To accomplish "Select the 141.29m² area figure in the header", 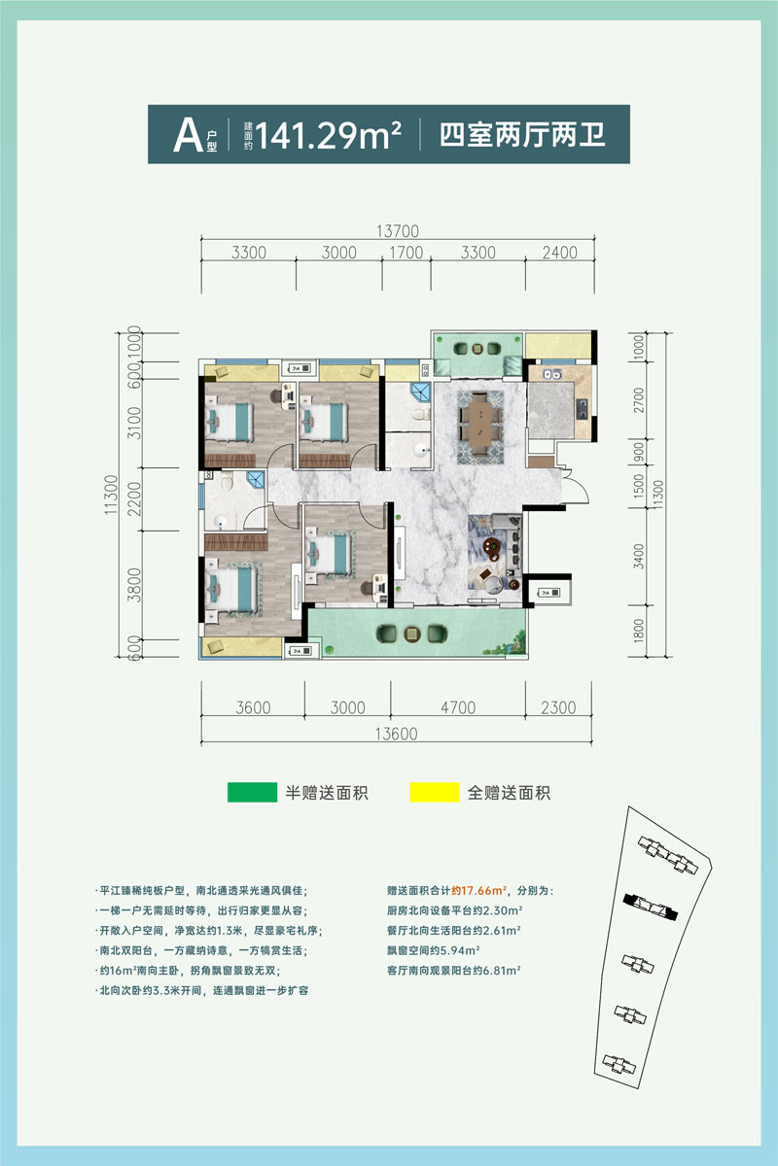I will pos(330,135).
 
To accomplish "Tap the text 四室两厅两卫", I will pos(523,134).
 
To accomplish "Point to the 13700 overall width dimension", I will pos(397,231).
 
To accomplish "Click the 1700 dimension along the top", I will pos(405,253).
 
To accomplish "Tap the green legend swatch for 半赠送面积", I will pos(251,792).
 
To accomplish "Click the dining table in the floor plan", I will pos(479,421).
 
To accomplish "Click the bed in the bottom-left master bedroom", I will pos(232,587).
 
